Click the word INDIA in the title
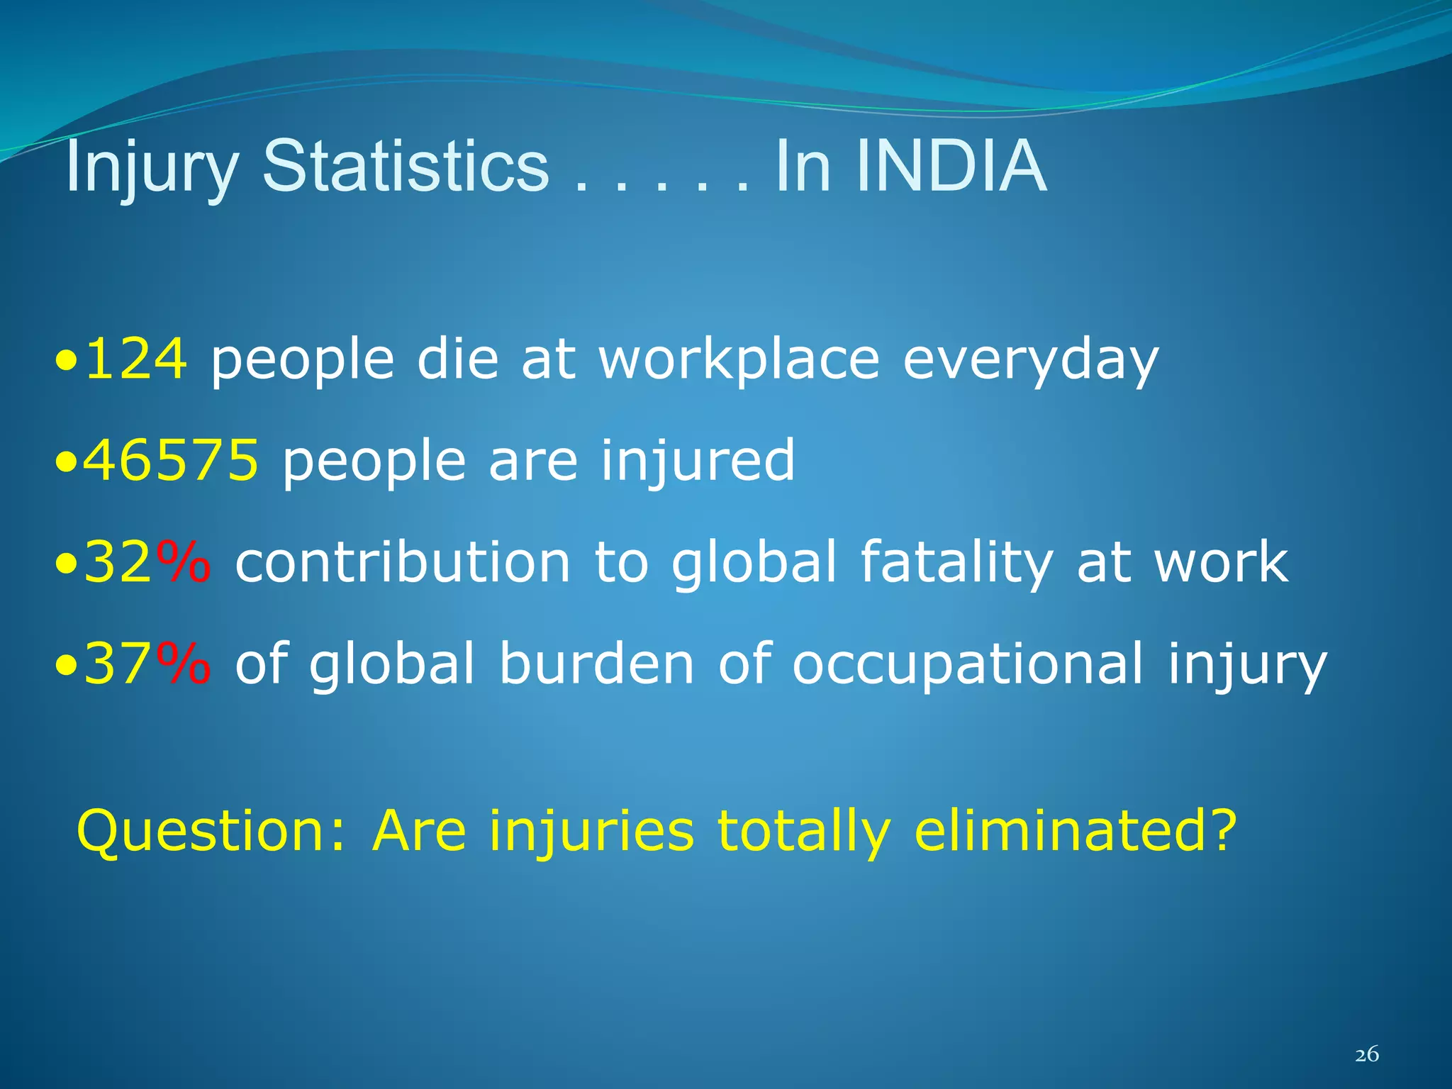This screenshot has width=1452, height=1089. click(951, 167)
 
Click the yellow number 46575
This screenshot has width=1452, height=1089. click(170, 460)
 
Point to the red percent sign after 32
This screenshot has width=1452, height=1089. click(183, 562)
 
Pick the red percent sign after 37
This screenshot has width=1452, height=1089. click(183, 663)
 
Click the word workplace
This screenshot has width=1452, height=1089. click(739, 360)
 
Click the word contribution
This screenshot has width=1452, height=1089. click(403, 562)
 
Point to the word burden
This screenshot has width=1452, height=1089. click(596, 663)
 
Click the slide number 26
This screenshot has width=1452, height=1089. click(1366, 1055)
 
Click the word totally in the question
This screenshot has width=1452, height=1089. click(803, 832)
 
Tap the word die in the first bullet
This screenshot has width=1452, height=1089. click(457, 359)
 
